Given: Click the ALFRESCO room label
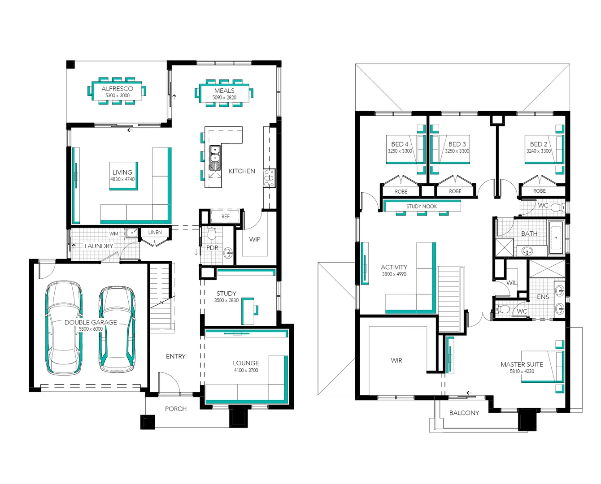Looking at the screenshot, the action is tap(118, 89).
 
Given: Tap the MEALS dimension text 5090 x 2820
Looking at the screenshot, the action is tap(224, 97).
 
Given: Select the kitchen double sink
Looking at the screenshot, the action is tap(215, 158).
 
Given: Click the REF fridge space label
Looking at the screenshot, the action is tap(225, 216).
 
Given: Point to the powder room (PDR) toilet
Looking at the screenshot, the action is tap(212, 233).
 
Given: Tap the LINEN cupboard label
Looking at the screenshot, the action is tap(155, 232).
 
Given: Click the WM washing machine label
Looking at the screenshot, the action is tap(113, 233).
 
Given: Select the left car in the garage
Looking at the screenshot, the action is tap(64, 328).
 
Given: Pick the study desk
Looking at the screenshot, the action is tap(248, 311).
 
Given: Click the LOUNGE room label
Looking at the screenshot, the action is tap(246, 363).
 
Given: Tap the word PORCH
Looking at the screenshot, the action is tap(176, 409).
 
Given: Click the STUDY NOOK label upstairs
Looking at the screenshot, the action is tap(422, 206).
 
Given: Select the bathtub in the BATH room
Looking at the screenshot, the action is tap(556, 238).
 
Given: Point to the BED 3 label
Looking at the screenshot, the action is tap(457, 144).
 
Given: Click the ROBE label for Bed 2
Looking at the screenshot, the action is tap(539, 191).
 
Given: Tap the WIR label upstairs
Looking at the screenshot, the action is tap(396, 360).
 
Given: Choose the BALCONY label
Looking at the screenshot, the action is tap(464, 413).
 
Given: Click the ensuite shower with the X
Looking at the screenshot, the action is tap(547, 268).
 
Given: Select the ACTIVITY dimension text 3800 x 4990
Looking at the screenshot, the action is tap(394, 274).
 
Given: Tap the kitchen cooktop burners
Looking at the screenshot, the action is tap(269, 178).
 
